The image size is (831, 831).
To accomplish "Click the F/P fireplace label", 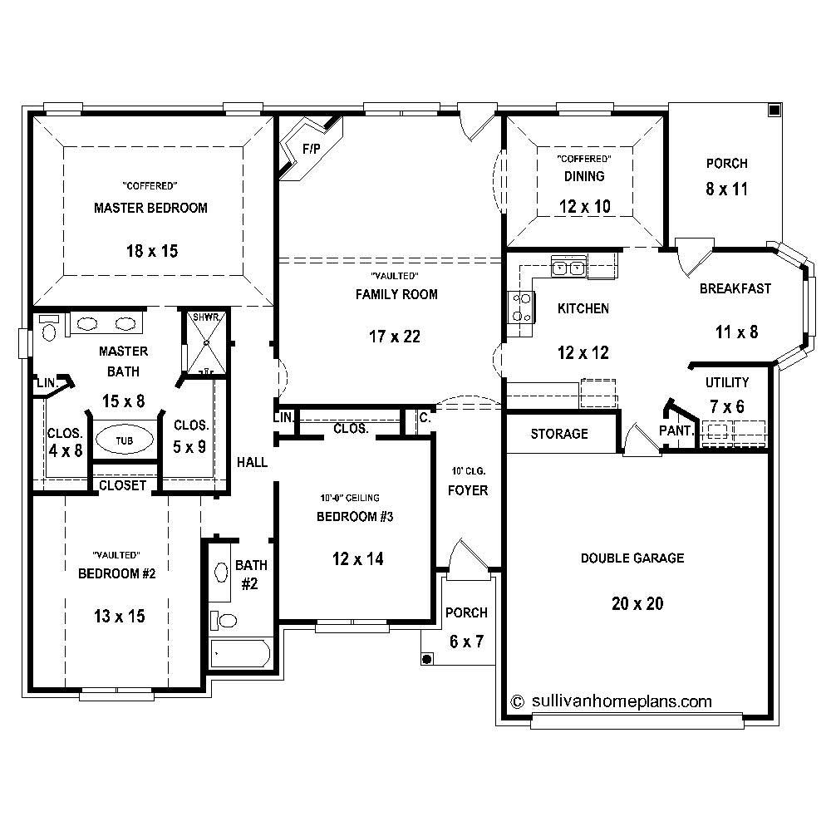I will (x=312, y=150).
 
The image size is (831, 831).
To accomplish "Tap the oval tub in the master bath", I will (x=123, y=440).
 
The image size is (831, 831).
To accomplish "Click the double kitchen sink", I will (x=569, y=268).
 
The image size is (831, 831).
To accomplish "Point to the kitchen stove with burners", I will (x=521, y=307).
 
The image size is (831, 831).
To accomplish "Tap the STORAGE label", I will (x=558, y=434).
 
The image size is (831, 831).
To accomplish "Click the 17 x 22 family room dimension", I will (x=396, y=337).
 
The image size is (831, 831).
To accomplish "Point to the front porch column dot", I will (x=427, y=659).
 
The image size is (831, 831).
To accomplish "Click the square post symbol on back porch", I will (x=774, y=110).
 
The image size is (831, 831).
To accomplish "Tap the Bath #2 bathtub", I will (x=241, y=654).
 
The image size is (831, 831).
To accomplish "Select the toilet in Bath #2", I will (x=224, y=620).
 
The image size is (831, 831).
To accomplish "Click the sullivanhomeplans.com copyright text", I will (x=611, y=701).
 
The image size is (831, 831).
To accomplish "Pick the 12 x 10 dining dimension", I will (x=585, y=207).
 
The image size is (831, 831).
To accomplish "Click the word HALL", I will (x=252, y=462).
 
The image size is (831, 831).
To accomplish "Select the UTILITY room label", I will (x=727, y=383).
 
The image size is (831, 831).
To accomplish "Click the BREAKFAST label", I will (x=735, y=289).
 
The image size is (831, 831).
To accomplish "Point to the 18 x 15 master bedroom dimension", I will (x=150, y=250).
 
